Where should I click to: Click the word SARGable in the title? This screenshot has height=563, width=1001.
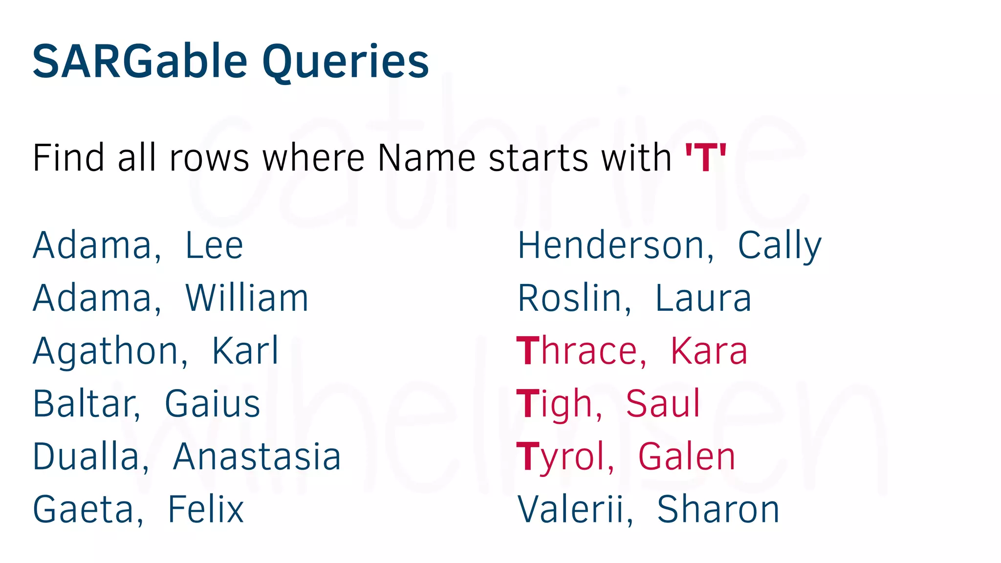click(x=140, y=62)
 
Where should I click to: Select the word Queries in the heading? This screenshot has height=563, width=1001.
click(x=346, y=63)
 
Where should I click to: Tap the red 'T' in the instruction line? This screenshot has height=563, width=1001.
click(x=705, y=157)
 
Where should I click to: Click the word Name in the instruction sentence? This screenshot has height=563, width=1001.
click(x=426, y=157)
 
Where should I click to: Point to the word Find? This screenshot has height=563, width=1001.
click(x=68, y=157)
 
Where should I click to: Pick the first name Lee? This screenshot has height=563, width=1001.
click(x=214, y=245)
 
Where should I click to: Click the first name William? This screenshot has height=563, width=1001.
click(x=247, y=298)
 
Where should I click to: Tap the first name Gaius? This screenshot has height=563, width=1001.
click(x=212, y=404)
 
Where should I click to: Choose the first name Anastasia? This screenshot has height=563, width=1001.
click(x=257, y=457)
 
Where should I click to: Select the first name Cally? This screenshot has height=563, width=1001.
click(x=779, y=246)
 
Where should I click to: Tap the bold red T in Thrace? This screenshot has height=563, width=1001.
click(x=528, y=351)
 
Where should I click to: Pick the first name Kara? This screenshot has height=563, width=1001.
click(x=709, y=351)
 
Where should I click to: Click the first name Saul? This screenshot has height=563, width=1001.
click(x=663, y=404)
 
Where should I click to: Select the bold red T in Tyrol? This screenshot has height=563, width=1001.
click(x=528, y=457)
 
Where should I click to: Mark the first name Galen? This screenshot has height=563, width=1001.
click(x=687, y=457)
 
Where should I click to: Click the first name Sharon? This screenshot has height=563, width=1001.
click(x=718, y=510)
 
